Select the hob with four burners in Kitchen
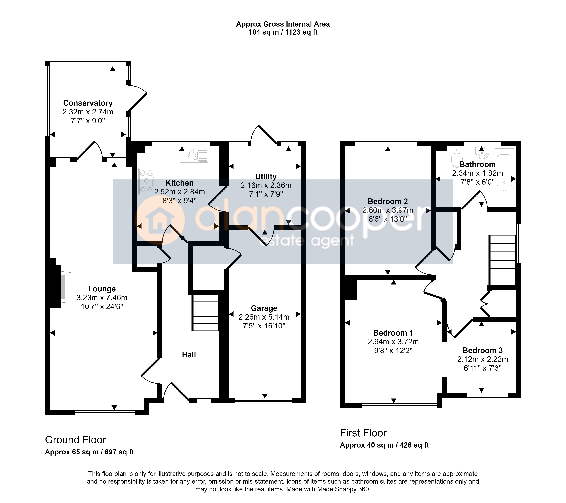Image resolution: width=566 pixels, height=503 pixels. click(x=147, y=182)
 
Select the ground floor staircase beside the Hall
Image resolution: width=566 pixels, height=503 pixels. click(x=206, y=313)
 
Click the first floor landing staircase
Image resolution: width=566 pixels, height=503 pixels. click(x=503, y=260)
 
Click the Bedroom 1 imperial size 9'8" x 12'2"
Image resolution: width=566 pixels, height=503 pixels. click(x=393, y=351)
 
